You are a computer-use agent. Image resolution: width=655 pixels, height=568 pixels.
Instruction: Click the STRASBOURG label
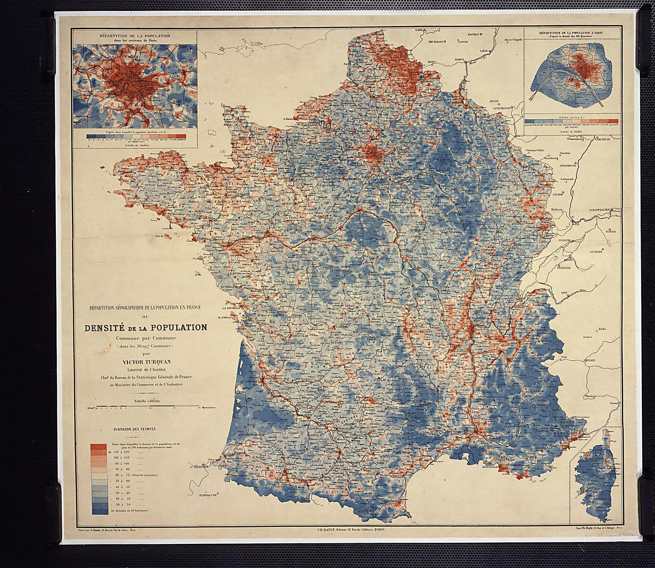coord(568,166)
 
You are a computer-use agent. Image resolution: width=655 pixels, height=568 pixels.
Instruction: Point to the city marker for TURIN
coord(590,361)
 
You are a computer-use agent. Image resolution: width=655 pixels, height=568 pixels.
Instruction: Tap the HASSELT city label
coord(473,34)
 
